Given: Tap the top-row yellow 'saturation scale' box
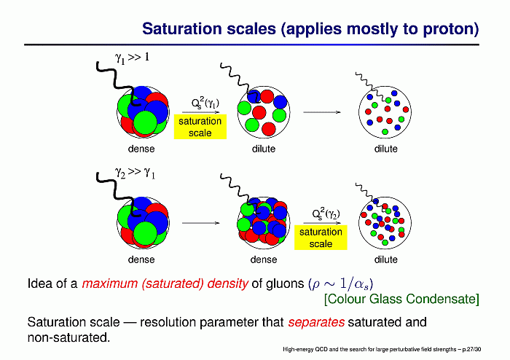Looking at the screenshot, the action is click(200, 127).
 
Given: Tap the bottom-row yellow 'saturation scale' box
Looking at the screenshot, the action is click(321, 238).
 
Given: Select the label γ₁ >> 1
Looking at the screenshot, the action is click(132, 58).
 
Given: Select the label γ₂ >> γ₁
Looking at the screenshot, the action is click(135, 173).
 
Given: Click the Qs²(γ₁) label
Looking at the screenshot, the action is click(205, 103).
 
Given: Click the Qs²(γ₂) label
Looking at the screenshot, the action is click(326, 214).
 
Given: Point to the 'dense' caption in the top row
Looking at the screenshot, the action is click(141, 149).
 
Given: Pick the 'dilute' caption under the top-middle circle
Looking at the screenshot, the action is click(264, 149).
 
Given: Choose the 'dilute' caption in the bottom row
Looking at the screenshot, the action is click(385, 259).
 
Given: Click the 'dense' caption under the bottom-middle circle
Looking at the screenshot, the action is click(264, 259).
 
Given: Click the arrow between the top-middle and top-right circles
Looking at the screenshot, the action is click(322, 112).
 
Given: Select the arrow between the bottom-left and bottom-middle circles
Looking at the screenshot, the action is click(201, 223).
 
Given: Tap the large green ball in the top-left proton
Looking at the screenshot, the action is click(145, 122).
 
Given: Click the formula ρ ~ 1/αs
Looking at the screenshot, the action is click(340, 284).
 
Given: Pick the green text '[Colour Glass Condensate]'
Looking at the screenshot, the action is click(401, 299).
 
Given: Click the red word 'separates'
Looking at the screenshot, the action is click(316, 322).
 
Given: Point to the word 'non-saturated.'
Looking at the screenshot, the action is click(69, 337).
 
